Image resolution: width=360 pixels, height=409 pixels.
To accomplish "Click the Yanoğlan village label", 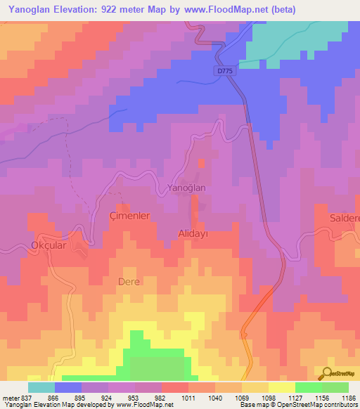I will point(186,188).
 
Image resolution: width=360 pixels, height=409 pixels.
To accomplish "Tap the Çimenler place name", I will point(130,216).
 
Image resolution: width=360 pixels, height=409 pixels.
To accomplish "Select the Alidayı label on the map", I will point(192,233).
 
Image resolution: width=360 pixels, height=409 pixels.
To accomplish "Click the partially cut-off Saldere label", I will point(345,219).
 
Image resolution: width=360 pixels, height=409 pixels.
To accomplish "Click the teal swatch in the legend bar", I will point(41,387).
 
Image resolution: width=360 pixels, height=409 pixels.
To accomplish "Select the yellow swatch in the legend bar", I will point(281,387).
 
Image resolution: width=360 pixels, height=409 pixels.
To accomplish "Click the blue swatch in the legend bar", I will point(68,387).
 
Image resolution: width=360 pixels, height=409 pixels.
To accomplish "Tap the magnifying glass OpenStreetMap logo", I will point(326,373).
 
